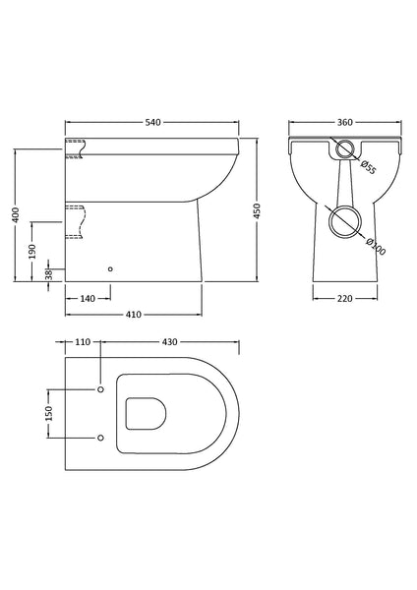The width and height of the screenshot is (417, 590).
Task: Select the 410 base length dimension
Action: [x=134, y=315]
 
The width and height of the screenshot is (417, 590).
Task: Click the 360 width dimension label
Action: [x=343, y=123]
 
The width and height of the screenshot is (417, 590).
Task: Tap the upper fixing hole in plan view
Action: [x=100, y=390]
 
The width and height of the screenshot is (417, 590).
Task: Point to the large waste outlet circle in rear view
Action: [x=342, y=219]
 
